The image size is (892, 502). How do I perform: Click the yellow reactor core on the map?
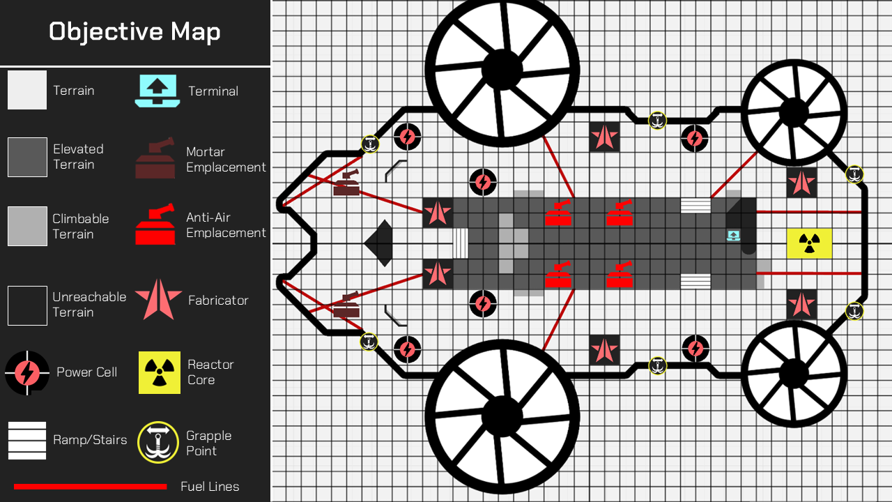tap(809, 243)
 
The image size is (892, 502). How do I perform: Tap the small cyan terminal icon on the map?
tap(734, 236)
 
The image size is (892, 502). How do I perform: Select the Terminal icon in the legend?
tap(157, 91)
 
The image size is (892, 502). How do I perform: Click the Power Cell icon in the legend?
tap(27, 373)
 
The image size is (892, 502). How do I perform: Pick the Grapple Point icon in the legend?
tap(158, 442)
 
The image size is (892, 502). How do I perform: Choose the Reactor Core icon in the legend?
tap(160, 372)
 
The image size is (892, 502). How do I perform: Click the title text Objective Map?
tap(134, 32)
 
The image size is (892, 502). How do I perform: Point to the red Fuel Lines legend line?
tap(91, 487)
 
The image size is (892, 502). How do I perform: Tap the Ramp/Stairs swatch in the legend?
tap(27, 441)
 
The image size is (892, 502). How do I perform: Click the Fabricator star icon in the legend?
tap(158, 300)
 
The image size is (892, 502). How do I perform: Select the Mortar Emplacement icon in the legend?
tap(155, 158)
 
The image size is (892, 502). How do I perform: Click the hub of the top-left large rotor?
tap(502, 70)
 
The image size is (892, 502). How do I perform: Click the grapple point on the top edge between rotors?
tap(657, 121)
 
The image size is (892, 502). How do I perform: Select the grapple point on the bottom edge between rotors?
tap(657, 365)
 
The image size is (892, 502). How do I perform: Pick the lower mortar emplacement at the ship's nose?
tap(346, 305)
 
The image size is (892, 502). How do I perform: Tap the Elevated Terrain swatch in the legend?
tap(27, 157)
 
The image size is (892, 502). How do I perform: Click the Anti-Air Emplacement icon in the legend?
tap(155, 224)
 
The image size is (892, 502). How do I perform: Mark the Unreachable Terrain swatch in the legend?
tap(27, 305)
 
